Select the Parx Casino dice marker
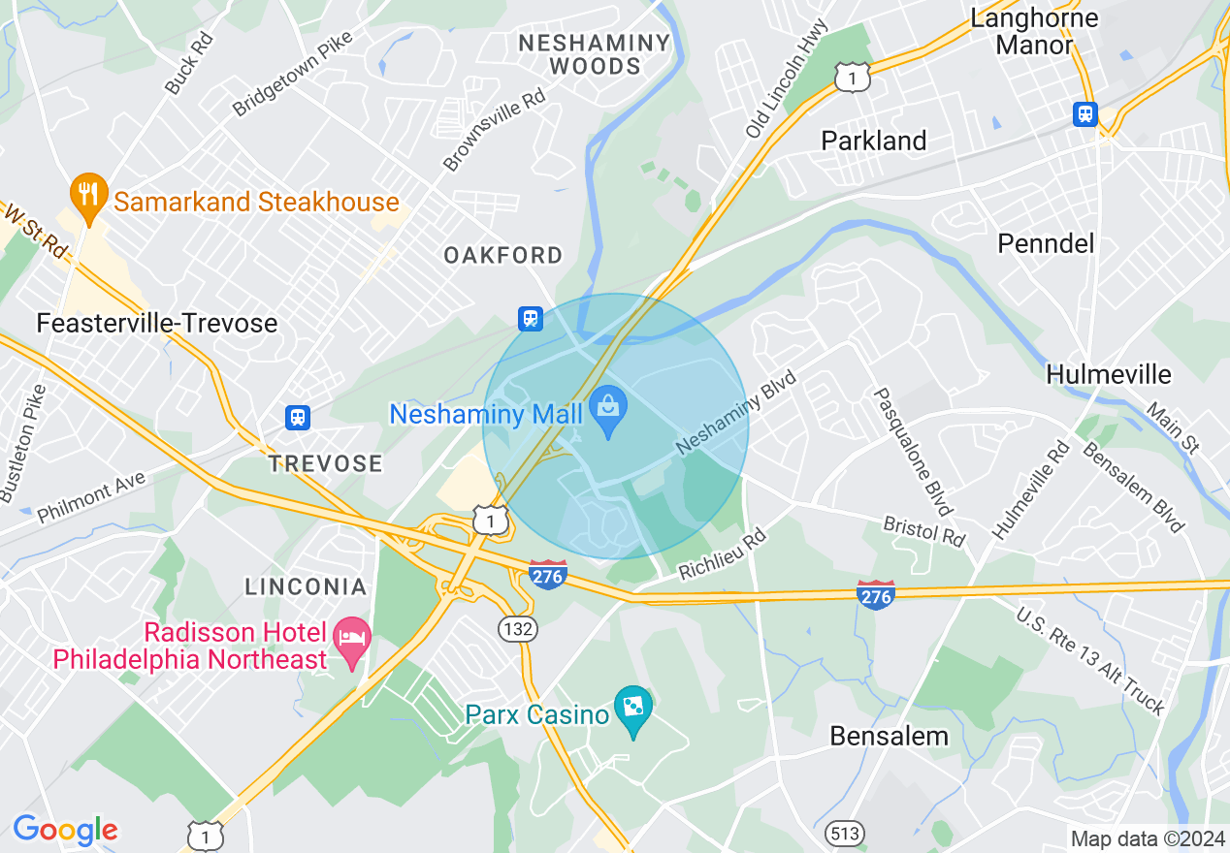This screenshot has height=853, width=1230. [x=633, y=710]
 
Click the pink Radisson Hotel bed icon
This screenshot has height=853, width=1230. [x=351, y=640]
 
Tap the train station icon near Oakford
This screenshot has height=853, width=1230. [x=530, y=317]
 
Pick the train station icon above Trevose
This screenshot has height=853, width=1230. [x=298, y=417]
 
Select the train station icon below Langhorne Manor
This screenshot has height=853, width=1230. [x=1085, y=113]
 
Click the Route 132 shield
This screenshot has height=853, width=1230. [x=519, y=629]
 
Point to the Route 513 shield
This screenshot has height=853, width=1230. [x=844, y=832]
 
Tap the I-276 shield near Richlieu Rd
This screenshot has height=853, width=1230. [x=548, y=574]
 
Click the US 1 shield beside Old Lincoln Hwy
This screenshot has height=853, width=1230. [x=852, y=79]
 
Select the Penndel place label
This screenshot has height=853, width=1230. [x=1046, y=243]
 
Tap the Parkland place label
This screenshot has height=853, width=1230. [x=874, y=141]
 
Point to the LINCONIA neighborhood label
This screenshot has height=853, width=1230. [x=306, y=586]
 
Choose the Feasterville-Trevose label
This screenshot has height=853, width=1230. [x=157, y=323]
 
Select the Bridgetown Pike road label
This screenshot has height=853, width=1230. [x=292, y=75]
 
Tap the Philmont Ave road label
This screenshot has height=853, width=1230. [x=91, y=497]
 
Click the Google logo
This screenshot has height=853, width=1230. [x=65, y=830]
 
